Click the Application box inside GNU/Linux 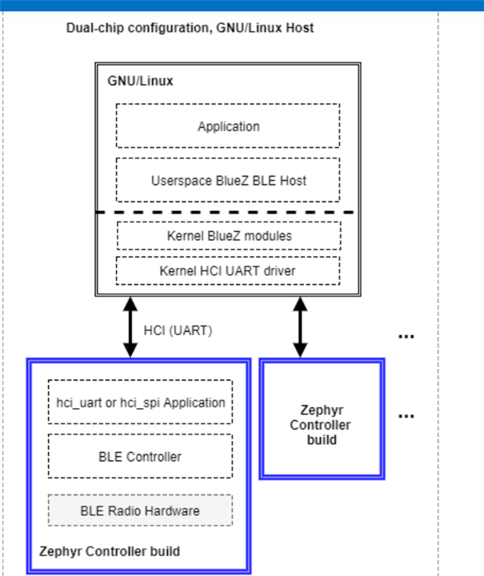click(228, 126)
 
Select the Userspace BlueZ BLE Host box click(228, 180)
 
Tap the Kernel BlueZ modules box click(229, 235)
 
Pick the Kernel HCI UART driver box click(228, 270)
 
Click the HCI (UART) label click(178, 330)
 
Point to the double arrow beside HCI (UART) click(130, 327)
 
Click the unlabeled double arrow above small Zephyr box click(300, 327)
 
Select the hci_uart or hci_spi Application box click(140, 402)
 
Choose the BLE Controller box click(140, 456)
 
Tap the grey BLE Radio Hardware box click(140, 510)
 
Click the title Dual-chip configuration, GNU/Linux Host click(190, 28)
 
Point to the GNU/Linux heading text click(140, 81)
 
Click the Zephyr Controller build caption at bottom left click(110, 551)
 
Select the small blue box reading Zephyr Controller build click(322, 418)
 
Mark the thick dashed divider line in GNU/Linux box click(225, 212)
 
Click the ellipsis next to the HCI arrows click(406, 336)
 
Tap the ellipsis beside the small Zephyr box click(406, 416)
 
